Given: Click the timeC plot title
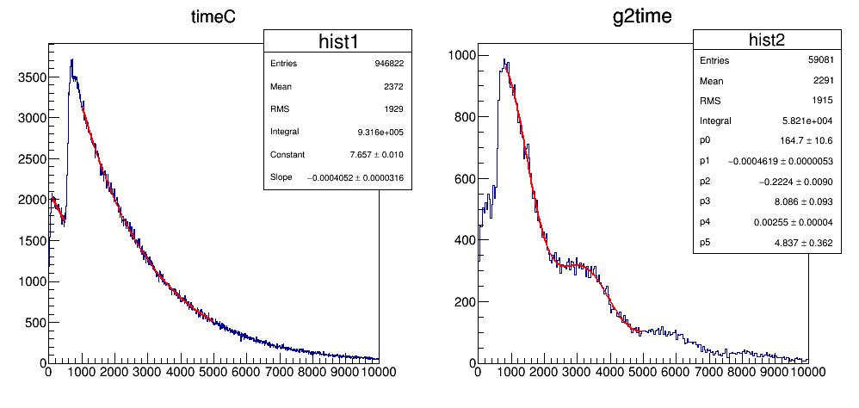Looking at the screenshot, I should (x=213, y=18).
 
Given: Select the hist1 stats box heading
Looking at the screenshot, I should (x=337, y=42).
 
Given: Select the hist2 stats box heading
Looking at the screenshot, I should (x=767, y=40).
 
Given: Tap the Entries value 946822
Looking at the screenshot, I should (x=385, y=64).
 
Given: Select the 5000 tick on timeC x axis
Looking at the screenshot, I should (x=213, y=372).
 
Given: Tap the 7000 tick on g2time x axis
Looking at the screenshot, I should (x=708, y=372).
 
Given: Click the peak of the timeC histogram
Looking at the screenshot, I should (x=72, y=60).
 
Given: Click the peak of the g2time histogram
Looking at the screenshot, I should (x=505, y=60).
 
